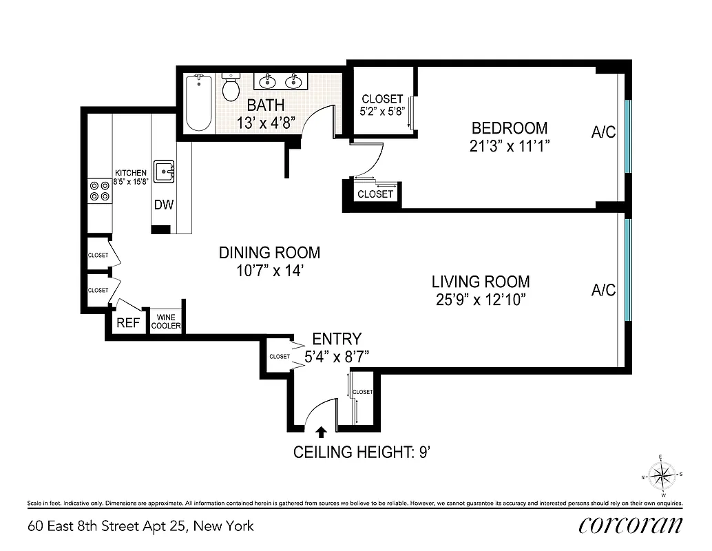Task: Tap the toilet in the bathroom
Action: (231, 88)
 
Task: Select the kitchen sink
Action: (164, 171)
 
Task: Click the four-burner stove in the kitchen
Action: (99, 191)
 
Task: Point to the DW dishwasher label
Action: (163, 205)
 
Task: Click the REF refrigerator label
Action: (127, 322)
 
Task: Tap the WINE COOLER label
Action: (166, 322)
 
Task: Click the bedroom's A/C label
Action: (603, 132)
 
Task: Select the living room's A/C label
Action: (603, 290)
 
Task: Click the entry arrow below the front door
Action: (321, 432)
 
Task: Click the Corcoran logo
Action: (631, 525)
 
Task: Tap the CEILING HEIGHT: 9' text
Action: (362, 453)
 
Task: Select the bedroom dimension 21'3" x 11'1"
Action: (509, 145)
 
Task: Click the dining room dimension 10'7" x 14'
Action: (269, 271)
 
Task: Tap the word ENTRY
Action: (336, 339)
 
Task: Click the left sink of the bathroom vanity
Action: (266, 82)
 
